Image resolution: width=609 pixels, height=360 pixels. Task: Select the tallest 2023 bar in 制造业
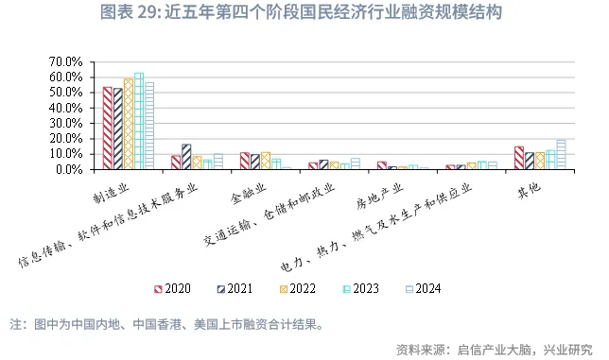coord(139,121)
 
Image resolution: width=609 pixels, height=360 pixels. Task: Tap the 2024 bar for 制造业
coord(149,126)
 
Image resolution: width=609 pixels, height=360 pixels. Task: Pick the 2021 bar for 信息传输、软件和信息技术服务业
coord(186,157)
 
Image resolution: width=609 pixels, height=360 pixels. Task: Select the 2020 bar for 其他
coord(519,158)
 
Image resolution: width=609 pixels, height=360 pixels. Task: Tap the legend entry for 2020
coord(173,288)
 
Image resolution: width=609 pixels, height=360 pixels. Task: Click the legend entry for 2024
coord(421,288)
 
